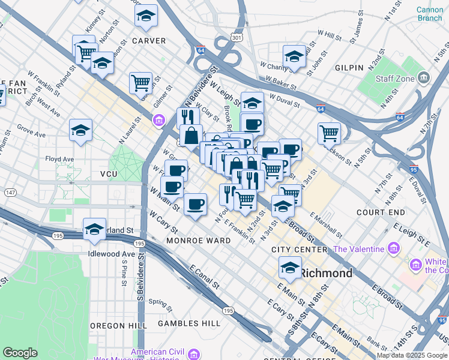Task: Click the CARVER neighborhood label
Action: coord(148,41)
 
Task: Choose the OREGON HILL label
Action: coord(118,326)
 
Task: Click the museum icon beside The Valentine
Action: coord(393,248)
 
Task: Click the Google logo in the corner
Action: coord(20,352)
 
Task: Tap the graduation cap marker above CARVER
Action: coord(146,17)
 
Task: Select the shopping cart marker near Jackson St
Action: coord(329,133)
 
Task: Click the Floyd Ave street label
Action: coord(59,160)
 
